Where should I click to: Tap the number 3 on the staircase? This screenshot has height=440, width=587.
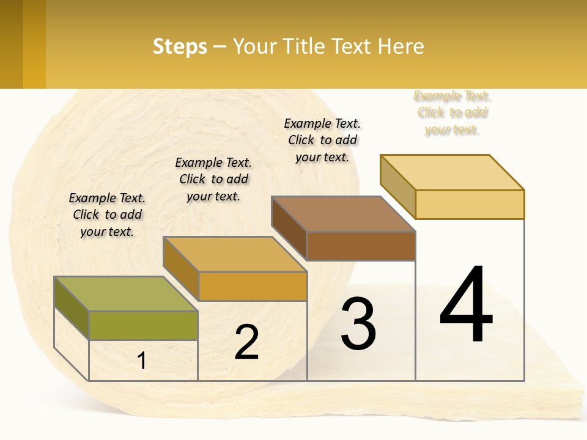pos(358,324)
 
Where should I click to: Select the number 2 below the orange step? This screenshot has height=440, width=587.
pos(246,342)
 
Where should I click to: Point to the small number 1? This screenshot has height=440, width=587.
pos(142,361)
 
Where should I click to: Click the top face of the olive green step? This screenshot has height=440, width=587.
pos(125,293)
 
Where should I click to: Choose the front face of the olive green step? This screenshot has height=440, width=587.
pos(143,325)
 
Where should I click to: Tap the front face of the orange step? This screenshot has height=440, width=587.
pos(253,286)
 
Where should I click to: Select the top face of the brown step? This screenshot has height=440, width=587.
pos(344,214)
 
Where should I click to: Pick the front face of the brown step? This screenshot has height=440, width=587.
pos(361,246)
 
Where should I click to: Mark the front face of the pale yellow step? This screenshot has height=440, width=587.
pos(470,204)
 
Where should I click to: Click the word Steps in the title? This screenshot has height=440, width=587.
pos(180,46)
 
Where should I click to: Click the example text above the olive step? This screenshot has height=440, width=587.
pos(107,215)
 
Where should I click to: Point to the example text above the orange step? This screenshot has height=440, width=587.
pos(213,179)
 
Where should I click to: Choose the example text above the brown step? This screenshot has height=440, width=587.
pos(322,140)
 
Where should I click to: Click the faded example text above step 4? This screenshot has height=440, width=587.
pos(452,112)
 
